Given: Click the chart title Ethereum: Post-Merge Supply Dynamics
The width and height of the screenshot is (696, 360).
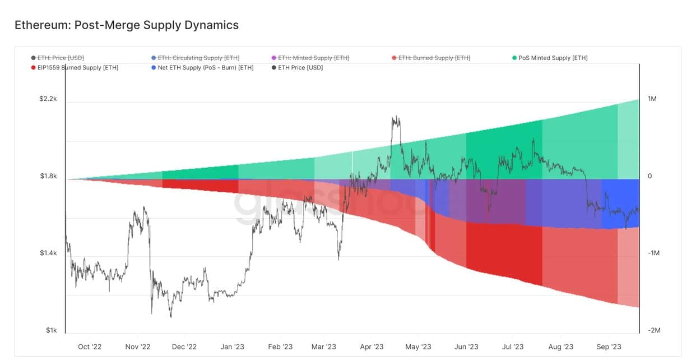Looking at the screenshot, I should click(127, 25).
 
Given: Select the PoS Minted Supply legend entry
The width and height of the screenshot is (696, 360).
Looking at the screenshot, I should click(553, 58).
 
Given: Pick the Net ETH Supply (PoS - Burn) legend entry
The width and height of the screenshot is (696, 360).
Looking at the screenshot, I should click(205, 68).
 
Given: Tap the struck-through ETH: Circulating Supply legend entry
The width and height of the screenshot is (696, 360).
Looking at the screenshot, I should click(198, 58).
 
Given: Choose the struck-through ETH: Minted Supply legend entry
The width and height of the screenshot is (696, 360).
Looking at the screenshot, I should click(313, 58).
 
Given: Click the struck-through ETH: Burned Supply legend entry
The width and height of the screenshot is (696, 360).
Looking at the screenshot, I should click(434, 58).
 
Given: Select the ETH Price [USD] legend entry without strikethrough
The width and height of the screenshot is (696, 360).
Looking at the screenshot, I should click(300, 68).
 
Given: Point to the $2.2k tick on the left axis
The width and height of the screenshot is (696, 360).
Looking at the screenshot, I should click(48, 99).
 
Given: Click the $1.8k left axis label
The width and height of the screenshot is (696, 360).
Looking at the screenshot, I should click(48, 176).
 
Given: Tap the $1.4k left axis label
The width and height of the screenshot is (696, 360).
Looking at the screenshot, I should click(48, 253).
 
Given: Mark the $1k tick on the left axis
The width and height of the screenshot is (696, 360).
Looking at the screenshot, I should click(51, 330).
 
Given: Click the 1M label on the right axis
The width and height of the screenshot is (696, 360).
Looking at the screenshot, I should click(652, 99).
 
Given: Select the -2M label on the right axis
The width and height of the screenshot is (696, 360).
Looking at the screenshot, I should click(654, 330).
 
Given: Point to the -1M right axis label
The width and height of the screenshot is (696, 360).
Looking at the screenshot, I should click(654, 253).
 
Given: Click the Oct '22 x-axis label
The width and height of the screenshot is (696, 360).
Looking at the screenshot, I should click(90, 347).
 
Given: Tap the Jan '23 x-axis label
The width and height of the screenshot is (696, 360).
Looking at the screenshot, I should click(233, 347).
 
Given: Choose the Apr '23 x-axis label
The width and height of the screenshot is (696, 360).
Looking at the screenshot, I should click(372, 347).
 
